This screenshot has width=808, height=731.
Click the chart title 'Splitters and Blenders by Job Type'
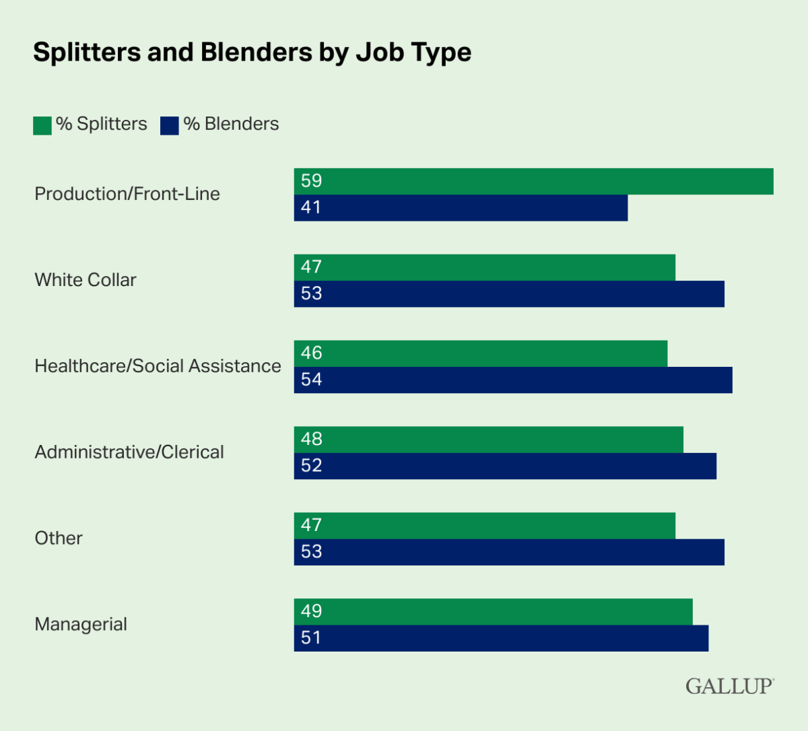[252, 53]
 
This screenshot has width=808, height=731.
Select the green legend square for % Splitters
[42, 126]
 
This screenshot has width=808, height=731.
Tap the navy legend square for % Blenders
[170, 126]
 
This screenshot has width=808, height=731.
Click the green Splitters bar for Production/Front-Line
[533, 181]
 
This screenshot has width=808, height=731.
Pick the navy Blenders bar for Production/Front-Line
[461, 208]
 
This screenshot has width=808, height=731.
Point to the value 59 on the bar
[312, 181]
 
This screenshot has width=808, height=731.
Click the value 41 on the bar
[312, 208]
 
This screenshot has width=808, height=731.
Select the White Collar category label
[86, 280]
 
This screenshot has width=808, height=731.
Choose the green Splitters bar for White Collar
[484, 267]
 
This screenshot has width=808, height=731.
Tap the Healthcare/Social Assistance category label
[158, 366]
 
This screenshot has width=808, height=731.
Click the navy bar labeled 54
[513, 380]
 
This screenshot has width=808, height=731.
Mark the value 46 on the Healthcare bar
[312, 353]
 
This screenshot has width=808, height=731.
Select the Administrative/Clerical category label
[129, 452]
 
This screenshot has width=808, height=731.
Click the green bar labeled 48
[488, 440]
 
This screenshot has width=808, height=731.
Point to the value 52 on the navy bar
[312, 466]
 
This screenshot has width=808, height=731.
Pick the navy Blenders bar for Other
[509, 552]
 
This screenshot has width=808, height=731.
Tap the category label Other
[59, 538]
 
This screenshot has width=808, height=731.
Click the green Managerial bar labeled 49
[493, 612]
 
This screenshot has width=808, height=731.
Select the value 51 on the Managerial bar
[312, 638]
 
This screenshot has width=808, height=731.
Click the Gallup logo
[729, 687]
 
